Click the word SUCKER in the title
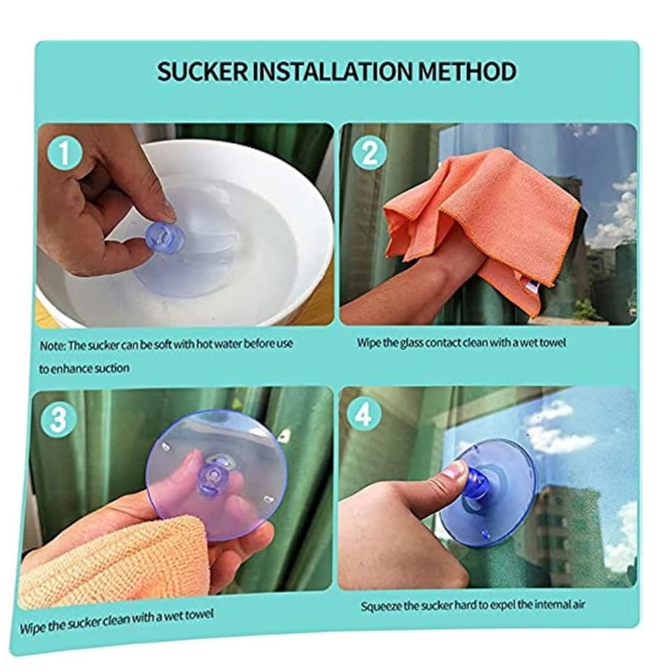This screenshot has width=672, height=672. (x=202, y=71)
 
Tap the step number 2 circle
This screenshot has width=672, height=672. (x=370, y=153)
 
